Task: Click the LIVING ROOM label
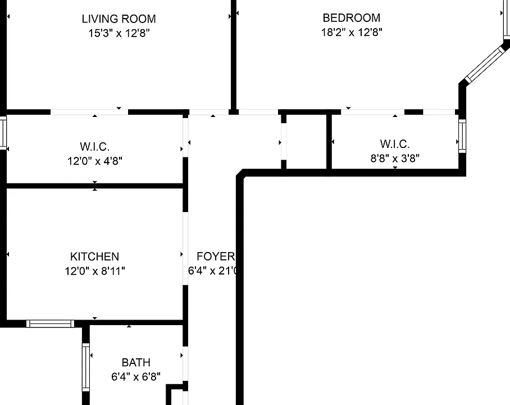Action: tap(119, 19)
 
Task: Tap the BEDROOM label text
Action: tap(351, 18)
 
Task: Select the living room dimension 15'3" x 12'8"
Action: tap(119, 33)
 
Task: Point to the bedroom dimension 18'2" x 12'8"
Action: tap(352, 32)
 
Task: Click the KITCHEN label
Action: tap(95, 256)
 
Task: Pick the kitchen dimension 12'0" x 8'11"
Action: tap(95, 271)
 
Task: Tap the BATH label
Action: tap(136, 362)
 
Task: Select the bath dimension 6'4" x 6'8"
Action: tap(136, 377)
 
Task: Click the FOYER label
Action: tap(216, 256)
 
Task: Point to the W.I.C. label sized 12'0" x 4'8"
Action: tap(95, 147)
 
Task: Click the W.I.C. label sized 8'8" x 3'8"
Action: tap(395, 144)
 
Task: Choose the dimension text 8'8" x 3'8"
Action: tap(395, 159)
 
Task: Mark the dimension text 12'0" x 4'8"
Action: tap(95, 161)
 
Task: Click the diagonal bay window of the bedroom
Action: tap(484, 65)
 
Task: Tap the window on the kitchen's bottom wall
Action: tap(50, 323)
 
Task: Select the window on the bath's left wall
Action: tap(86, 367)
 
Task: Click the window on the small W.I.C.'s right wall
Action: tap(462, 136)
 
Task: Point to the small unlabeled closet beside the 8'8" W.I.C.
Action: tap(306, 142)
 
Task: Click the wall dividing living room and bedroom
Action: tap(233, 55)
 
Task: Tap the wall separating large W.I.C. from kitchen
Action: tap(95, 186)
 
